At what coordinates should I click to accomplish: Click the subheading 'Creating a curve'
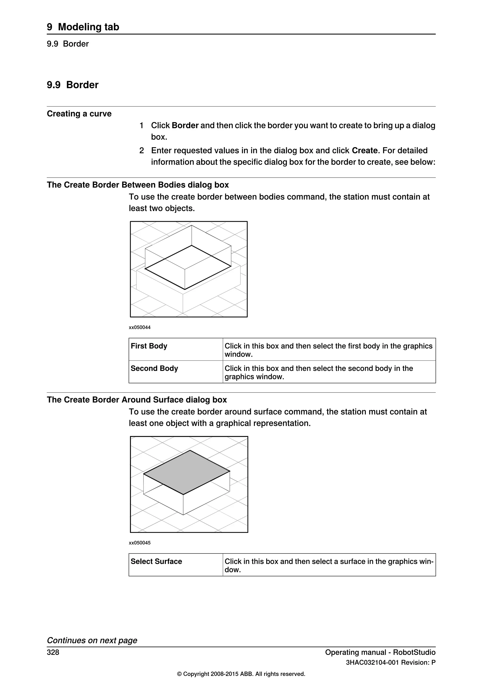tap(79, 114)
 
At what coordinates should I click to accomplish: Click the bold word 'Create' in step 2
tap(365, 150)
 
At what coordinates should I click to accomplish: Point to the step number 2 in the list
tap(141, 150)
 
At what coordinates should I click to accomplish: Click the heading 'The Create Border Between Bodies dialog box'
tap(138, 185)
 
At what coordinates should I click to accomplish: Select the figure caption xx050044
tap(140, 327)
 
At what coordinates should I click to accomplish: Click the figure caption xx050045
tap(140, 543)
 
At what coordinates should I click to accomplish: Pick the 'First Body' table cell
tap(176, 349)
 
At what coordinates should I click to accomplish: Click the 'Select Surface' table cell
tap(176, 565)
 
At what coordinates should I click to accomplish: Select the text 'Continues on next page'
tap(92, 640)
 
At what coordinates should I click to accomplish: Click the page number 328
tap(53, 652)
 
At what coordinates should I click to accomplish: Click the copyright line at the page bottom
tap(241, 674)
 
